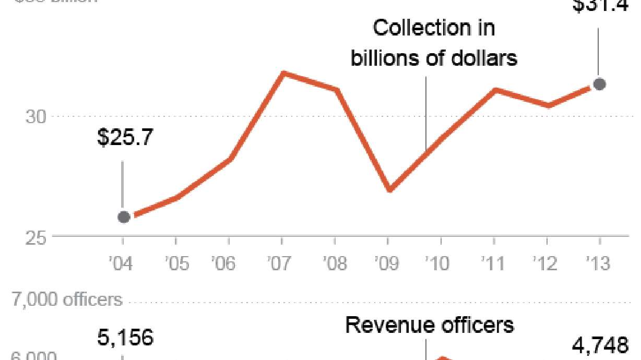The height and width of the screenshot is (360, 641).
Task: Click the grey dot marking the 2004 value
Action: point(124,217)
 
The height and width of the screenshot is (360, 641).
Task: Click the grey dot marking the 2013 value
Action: point(599,83)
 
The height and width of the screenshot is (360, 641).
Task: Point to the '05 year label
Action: point(175,263)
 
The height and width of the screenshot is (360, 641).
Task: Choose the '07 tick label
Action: point(281,263)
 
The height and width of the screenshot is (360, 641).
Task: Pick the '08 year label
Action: point(335,263)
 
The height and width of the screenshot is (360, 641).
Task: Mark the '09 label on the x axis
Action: point(387,263)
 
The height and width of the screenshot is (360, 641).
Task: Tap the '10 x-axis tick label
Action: point(437,263)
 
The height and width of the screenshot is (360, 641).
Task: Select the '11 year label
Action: point(492,263)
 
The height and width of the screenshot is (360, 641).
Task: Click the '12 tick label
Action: point(545,263)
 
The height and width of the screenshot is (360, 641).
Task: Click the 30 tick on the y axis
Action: point(36,116)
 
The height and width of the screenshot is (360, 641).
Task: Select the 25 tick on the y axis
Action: point(36,237)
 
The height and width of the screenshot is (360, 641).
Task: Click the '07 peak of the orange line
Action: point(282,74)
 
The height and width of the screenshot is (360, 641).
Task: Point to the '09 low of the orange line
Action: point(389,189)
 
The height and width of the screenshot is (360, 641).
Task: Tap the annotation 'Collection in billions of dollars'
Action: point(434,43)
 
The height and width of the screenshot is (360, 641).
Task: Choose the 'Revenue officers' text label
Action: point(430,325)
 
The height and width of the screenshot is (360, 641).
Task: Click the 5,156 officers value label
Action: point(125,338)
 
